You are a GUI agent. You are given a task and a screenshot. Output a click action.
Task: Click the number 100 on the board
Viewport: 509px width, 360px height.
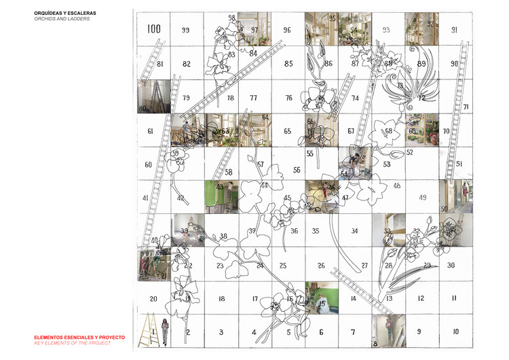[x=153, y=29]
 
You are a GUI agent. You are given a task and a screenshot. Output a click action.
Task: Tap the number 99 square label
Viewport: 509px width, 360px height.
[x=185, y=30]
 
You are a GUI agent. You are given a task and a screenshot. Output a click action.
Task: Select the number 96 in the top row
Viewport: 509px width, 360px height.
[x=287, y=31]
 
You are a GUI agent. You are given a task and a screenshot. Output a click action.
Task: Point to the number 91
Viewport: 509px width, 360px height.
[x=454, y=30]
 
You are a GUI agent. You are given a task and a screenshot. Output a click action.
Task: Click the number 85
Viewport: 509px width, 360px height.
[x=288, y=65]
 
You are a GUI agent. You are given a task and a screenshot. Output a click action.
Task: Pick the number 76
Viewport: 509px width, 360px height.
[x=288, y=98]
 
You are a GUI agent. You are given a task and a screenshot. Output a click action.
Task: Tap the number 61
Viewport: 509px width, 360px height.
[x=150, y=131]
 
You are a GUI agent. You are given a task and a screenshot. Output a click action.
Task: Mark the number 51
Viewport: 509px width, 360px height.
[x=459, y=164]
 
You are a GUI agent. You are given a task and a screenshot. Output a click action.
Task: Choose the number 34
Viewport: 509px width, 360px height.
[x=354, y=231]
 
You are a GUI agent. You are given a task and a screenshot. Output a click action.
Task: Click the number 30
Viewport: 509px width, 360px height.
[x=451, y=266]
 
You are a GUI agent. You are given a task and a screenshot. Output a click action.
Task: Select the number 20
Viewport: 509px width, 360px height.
[x=153, y=299]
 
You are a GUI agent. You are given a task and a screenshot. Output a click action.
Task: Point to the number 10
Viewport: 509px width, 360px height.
[x=455, y=332]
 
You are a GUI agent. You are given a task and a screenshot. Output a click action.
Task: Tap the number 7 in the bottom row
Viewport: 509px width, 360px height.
[x=352, y=332]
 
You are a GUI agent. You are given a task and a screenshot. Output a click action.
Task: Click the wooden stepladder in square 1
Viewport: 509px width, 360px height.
[x=152, y=331]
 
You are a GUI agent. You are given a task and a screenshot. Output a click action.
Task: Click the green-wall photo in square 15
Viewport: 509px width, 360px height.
[x=322, y=299]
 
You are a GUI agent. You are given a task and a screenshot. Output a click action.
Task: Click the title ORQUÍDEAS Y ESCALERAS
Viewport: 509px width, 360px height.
[x=66, y=12]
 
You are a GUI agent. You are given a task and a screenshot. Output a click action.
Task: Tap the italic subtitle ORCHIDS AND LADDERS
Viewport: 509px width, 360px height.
[x=62, y=19]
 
